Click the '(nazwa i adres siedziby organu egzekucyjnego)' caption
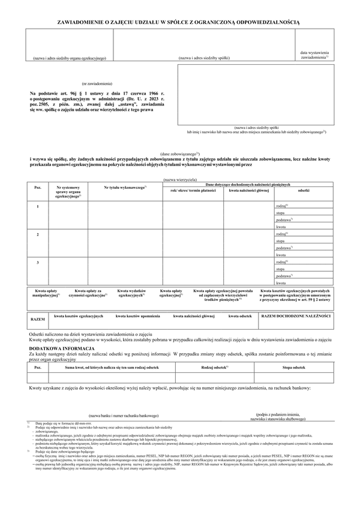click(70, 58)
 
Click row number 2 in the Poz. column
click(38, 234)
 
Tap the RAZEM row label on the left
click(38, 320)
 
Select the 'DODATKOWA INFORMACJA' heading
click(59, 348)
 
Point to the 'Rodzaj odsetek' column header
click(216, 366)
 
